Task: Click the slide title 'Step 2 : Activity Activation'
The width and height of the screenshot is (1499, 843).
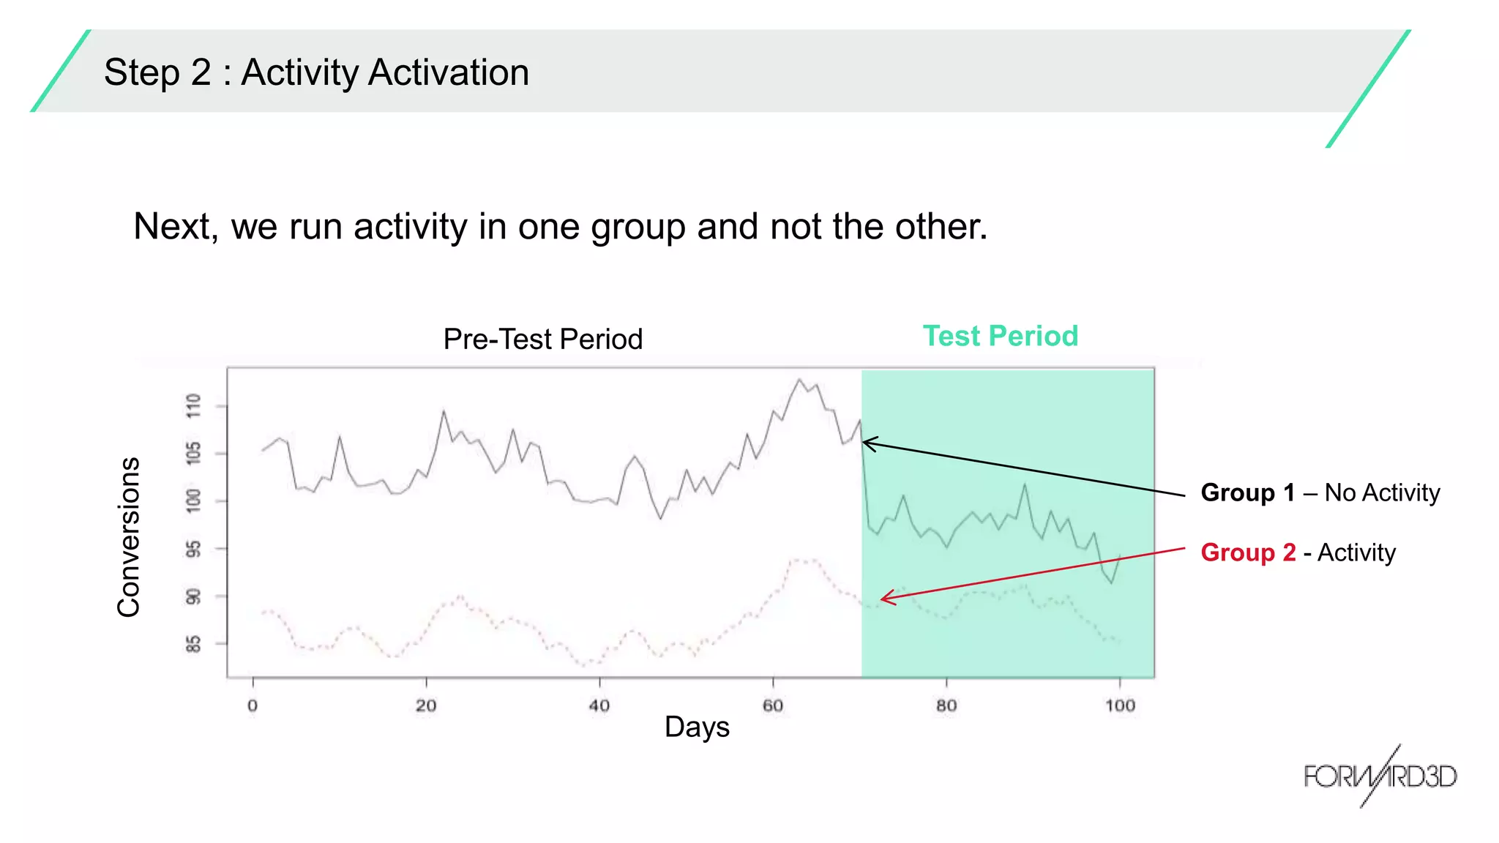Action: tap(316, 72)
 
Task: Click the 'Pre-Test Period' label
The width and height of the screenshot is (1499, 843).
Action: tap(542, 339)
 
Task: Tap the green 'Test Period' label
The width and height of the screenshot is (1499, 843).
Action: tap(1000, 336)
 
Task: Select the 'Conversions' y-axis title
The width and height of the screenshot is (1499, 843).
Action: tap(129, 537)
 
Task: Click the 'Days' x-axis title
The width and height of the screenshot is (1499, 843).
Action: tap(697, 727)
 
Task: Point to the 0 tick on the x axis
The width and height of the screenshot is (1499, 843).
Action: tap(253, 705)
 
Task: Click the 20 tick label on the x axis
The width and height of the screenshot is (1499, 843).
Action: tap(426, 705)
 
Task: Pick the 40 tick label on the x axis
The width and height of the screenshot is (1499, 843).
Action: tap(599, 705)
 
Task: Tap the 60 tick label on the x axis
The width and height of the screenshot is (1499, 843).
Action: tap(773, 705)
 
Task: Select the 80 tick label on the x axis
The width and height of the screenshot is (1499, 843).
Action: tap(946, 705)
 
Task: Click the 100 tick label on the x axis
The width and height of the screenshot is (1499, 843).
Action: tap(1120, 705)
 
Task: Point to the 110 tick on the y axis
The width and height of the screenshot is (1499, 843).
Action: tap(193, 405)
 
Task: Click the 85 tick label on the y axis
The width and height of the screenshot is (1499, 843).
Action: tap(193, 644)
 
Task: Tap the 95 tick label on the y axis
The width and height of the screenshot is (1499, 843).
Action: tap(193, 549)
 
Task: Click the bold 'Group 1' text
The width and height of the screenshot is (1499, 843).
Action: tap(1248, 492)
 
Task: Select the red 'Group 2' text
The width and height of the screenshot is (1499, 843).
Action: tap(1248, 552)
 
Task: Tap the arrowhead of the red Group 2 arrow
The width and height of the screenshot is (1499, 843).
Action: tap(883, 599)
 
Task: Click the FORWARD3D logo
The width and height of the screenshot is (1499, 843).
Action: tap(1380, 776)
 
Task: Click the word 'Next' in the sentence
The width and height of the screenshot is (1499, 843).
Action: tap(176, 226)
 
